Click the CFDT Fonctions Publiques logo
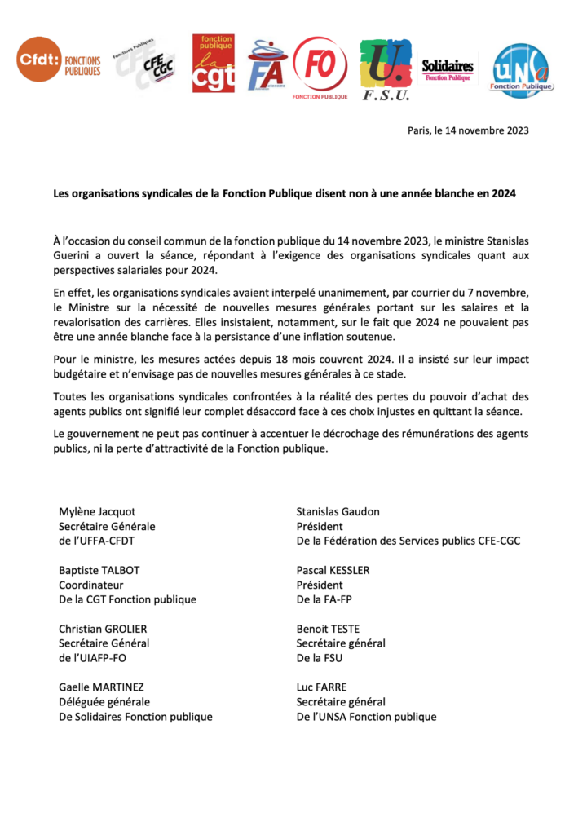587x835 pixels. [x=60, y=61]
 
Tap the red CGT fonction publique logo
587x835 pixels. [x=213, y=64]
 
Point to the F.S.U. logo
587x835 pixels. [x=386, y=68]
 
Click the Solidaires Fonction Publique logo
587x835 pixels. [x=447, y=69]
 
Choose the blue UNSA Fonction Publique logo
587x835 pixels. [x=522, y=68]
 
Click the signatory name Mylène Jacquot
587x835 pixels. [x=97, y=511]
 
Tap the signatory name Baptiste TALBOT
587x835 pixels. [x=99, y=570]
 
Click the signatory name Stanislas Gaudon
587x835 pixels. [x=338, y=511]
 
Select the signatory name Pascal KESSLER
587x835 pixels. [x=333, y=570]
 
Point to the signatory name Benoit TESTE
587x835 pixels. [x=328, y=629]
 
